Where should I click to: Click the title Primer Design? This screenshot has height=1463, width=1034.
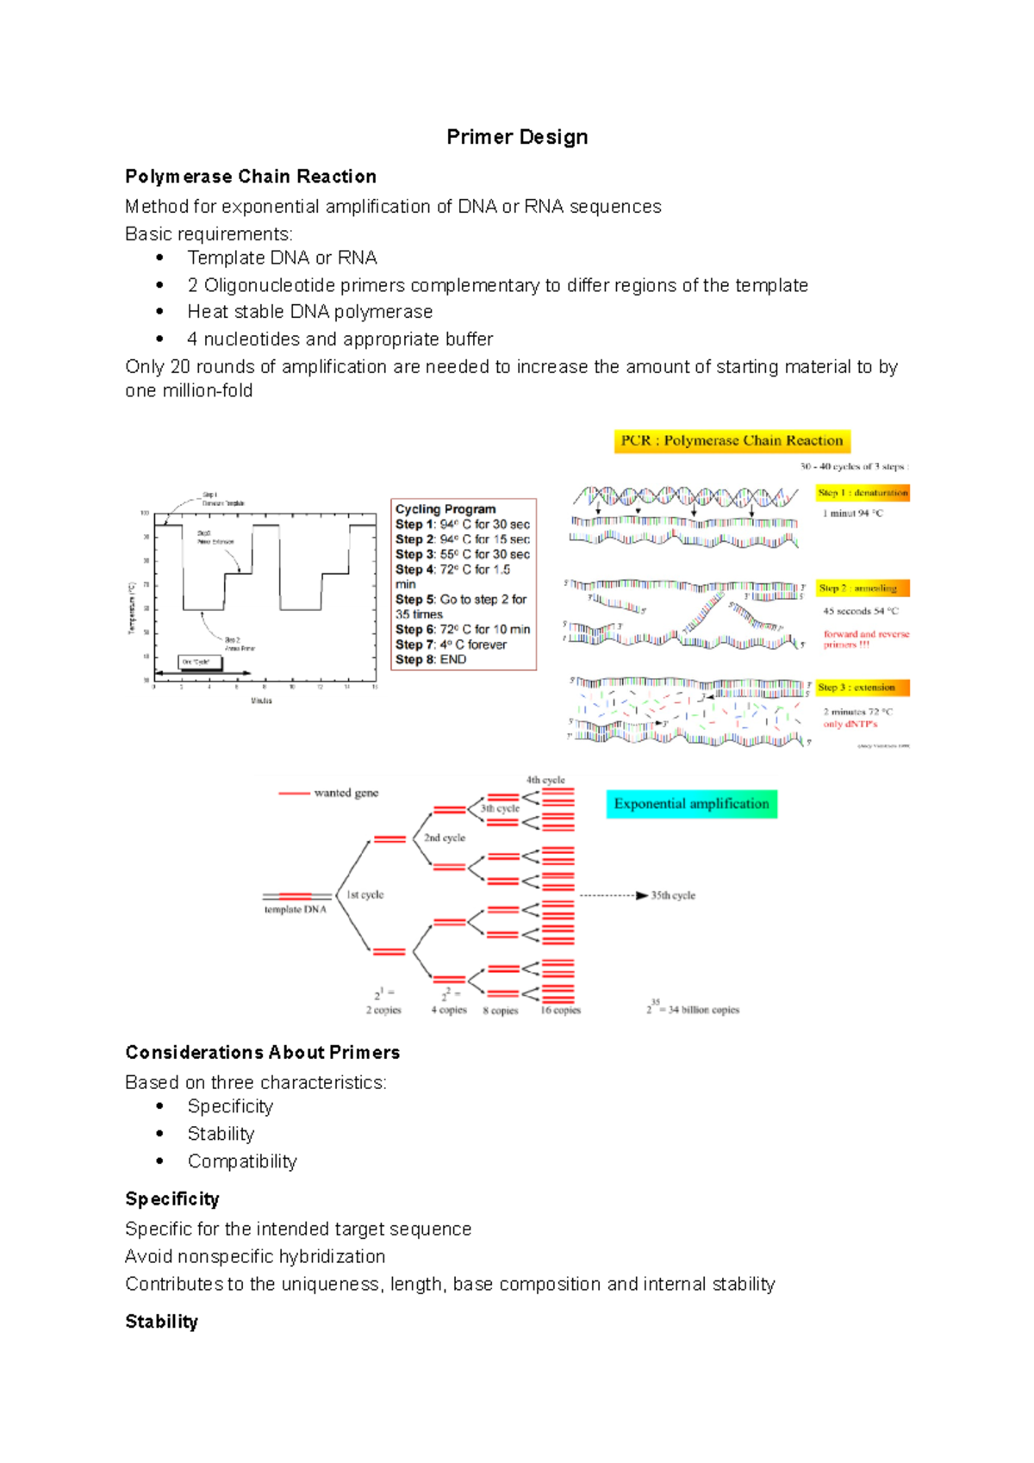coord(517,137)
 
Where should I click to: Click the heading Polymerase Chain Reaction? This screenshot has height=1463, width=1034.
coord(251,177)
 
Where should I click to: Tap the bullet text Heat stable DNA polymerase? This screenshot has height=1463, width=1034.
coord(310,312)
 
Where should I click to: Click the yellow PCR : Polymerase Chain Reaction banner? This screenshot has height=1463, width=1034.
coord(732,441)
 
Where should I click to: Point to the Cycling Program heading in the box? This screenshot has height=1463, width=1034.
coord(445,509)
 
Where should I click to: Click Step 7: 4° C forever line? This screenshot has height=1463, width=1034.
coord(451,644)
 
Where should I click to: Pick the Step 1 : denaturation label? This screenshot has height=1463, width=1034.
coord(863,493)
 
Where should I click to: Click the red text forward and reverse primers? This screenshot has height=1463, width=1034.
coord(865,638)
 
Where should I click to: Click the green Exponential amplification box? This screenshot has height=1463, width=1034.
coord(691,804)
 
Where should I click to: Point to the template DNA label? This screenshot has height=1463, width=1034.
coord(295,910)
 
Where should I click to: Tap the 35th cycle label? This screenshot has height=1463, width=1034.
coord(673,896)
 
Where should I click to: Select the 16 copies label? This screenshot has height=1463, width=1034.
coord(560,1011)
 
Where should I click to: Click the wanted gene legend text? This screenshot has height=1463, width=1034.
coord(346,793)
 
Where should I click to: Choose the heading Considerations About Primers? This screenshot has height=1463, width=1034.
coord(263,1053)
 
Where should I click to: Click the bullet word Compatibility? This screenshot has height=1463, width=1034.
coord(242,1161)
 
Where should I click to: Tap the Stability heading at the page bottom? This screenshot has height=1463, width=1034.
coord(162,1322)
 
